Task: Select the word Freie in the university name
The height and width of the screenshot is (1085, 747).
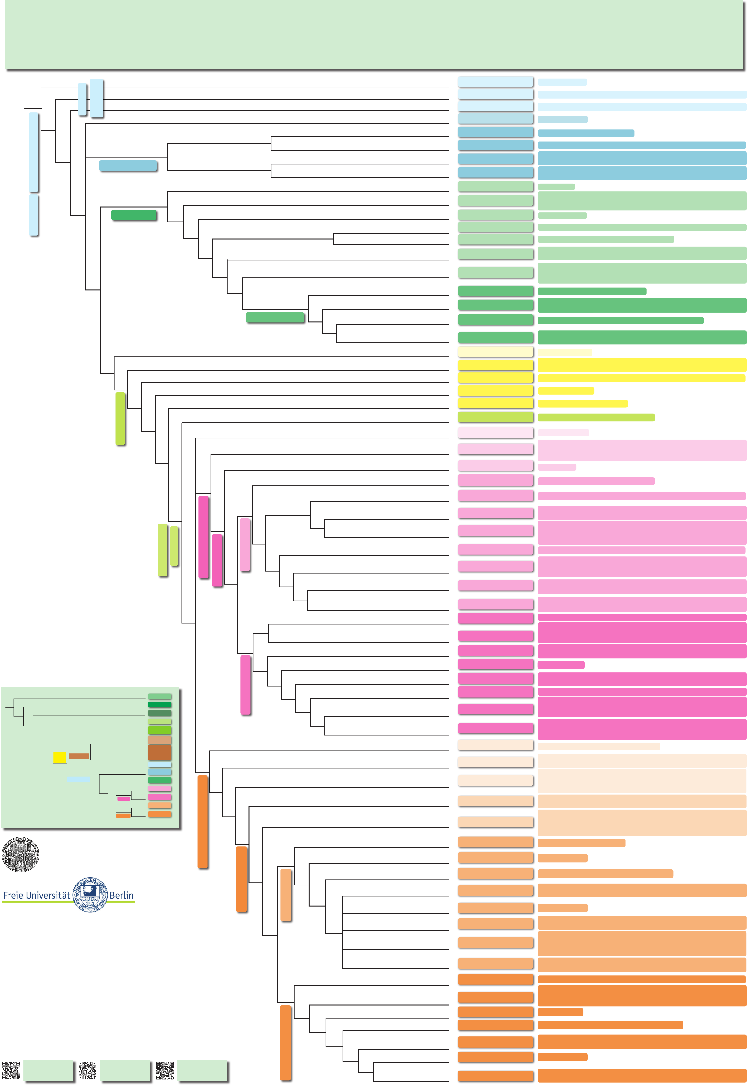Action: (x=13, y=895)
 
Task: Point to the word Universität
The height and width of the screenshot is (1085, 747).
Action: (x=48, y=895)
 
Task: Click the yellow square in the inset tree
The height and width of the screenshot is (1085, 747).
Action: (x=59, y=757)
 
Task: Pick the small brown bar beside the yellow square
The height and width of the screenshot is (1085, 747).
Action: (x=79, y=756)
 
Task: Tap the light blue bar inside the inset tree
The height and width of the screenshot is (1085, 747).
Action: (x=78, y=779)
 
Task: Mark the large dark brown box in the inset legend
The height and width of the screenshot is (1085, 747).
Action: (x=160, y=752)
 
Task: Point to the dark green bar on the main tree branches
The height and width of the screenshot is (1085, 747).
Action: (x=134, y=215)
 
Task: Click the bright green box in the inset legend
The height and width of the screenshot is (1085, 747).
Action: (x=160, y=730)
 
